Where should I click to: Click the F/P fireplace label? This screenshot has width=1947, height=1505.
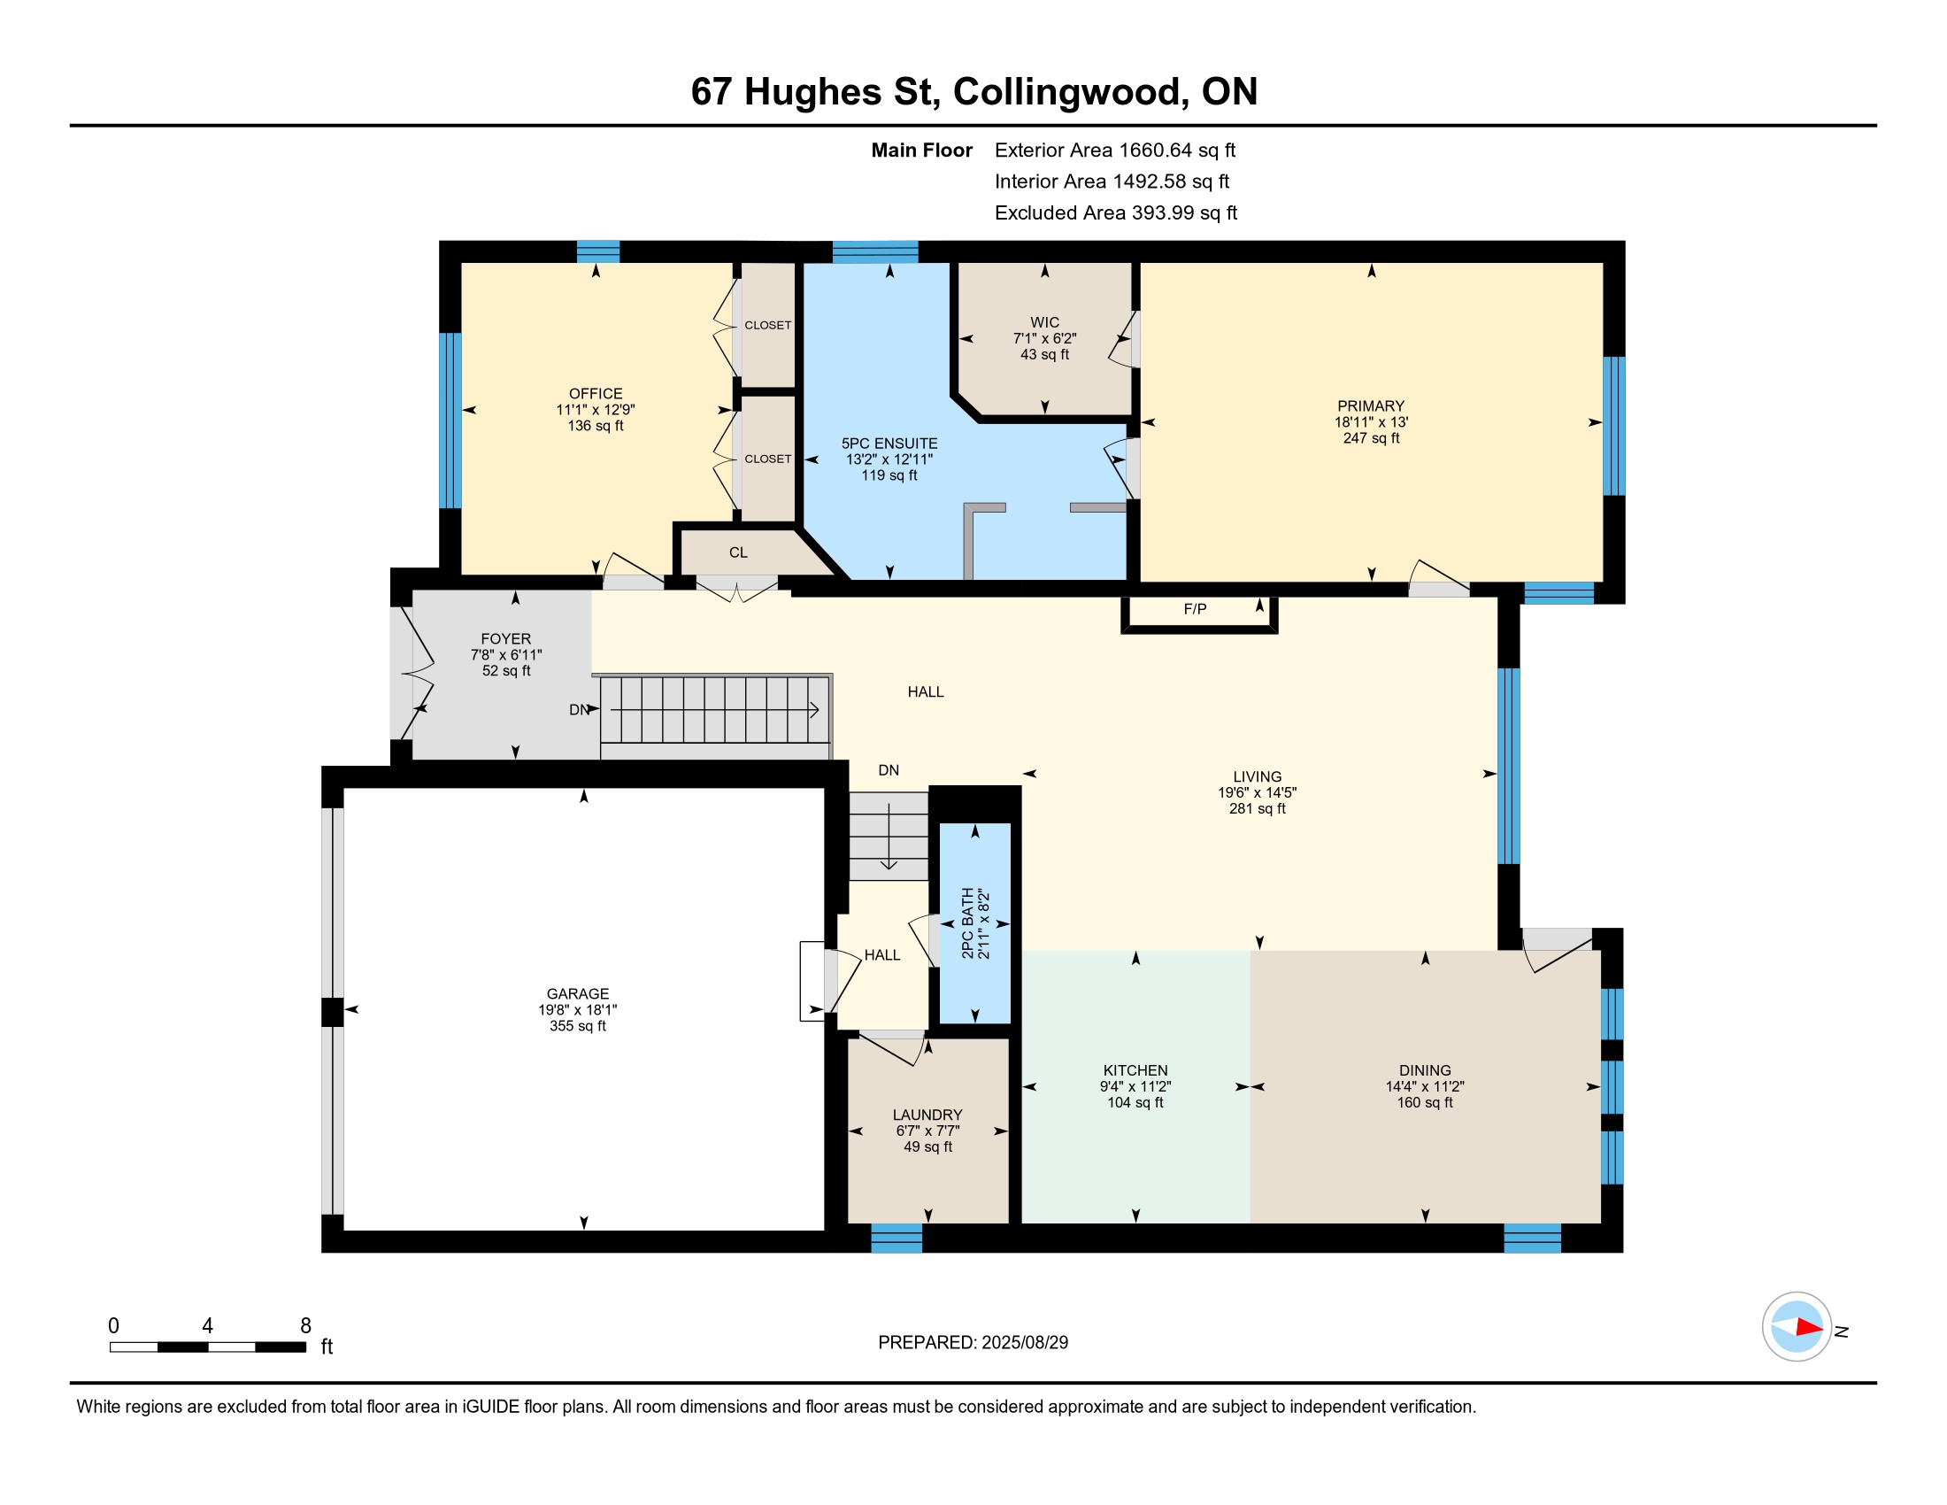1195,609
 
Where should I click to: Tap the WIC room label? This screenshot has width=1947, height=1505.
1044,323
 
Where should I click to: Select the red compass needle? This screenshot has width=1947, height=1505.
1809,1327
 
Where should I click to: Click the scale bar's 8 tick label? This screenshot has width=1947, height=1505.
306,1325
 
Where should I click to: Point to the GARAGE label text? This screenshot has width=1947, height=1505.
578,994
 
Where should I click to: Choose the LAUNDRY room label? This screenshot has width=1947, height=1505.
927,1115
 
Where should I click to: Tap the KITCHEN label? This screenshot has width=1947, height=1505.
1135,1071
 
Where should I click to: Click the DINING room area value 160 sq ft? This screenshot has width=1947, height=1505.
1425,1103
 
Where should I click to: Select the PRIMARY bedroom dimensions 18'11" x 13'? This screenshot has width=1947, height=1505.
1371,422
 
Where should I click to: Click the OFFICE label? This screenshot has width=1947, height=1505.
596,394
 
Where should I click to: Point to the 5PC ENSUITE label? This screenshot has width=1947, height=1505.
889,444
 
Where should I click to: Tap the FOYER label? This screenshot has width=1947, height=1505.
505,639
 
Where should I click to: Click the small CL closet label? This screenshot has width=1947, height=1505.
738,552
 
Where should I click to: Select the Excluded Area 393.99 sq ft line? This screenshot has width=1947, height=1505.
1115,213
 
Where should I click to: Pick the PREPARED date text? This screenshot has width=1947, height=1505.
973,1343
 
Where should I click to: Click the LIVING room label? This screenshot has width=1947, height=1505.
1257,777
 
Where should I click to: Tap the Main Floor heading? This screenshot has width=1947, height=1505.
922,150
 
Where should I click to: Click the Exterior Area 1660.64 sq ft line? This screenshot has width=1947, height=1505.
1114,150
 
